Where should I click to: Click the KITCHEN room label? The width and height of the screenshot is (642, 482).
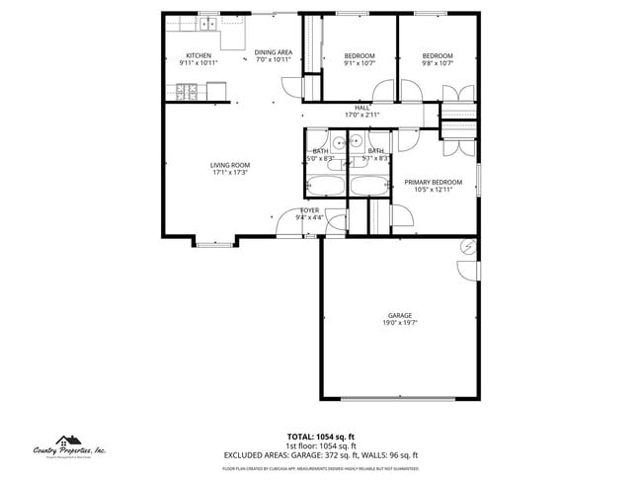click(199, 55)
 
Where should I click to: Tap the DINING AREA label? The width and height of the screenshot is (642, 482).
click(273, 52)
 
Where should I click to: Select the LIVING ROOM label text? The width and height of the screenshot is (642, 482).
click(229, 165)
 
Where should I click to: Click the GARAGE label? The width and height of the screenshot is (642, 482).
click(399, 315)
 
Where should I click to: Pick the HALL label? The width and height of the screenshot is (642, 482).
click(361, 108)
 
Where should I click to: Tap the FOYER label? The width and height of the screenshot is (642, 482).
click(309, 211)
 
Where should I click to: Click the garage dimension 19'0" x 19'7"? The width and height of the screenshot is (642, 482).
click(399, 323)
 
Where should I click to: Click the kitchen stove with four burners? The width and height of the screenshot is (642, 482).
click(188, 94)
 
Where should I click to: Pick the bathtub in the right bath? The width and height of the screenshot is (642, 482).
click(370, 185)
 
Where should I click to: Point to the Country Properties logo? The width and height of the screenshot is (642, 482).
click(69, 446)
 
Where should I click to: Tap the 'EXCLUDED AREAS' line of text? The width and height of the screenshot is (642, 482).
click(320, 454)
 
